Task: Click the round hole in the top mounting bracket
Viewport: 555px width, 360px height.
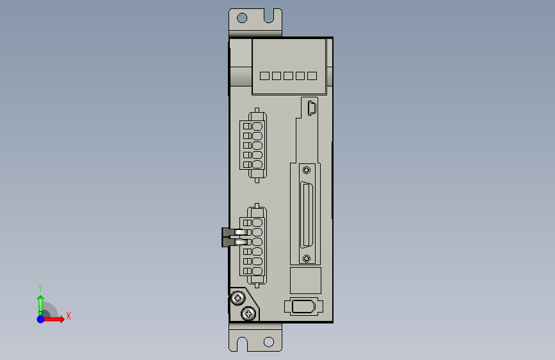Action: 242,18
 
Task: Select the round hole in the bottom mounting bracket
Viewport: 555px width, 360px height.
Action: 269,342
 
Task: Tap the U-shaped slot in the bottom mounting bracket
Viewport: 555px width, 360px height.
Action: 242,344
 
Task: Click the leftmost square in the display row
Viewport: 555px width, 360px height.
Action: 265,76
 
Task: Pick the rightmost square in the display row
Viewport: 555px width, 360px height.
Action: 312,76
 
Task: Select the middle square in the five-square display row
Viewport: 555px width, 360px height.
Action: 289,76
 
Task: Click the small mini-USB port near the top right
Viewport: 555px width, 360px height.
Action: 312,108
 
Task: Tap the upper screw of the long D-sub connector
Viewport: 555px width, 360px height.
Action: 307,170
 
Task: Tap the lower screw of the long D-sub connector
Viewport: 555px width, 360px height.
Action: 307,259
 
